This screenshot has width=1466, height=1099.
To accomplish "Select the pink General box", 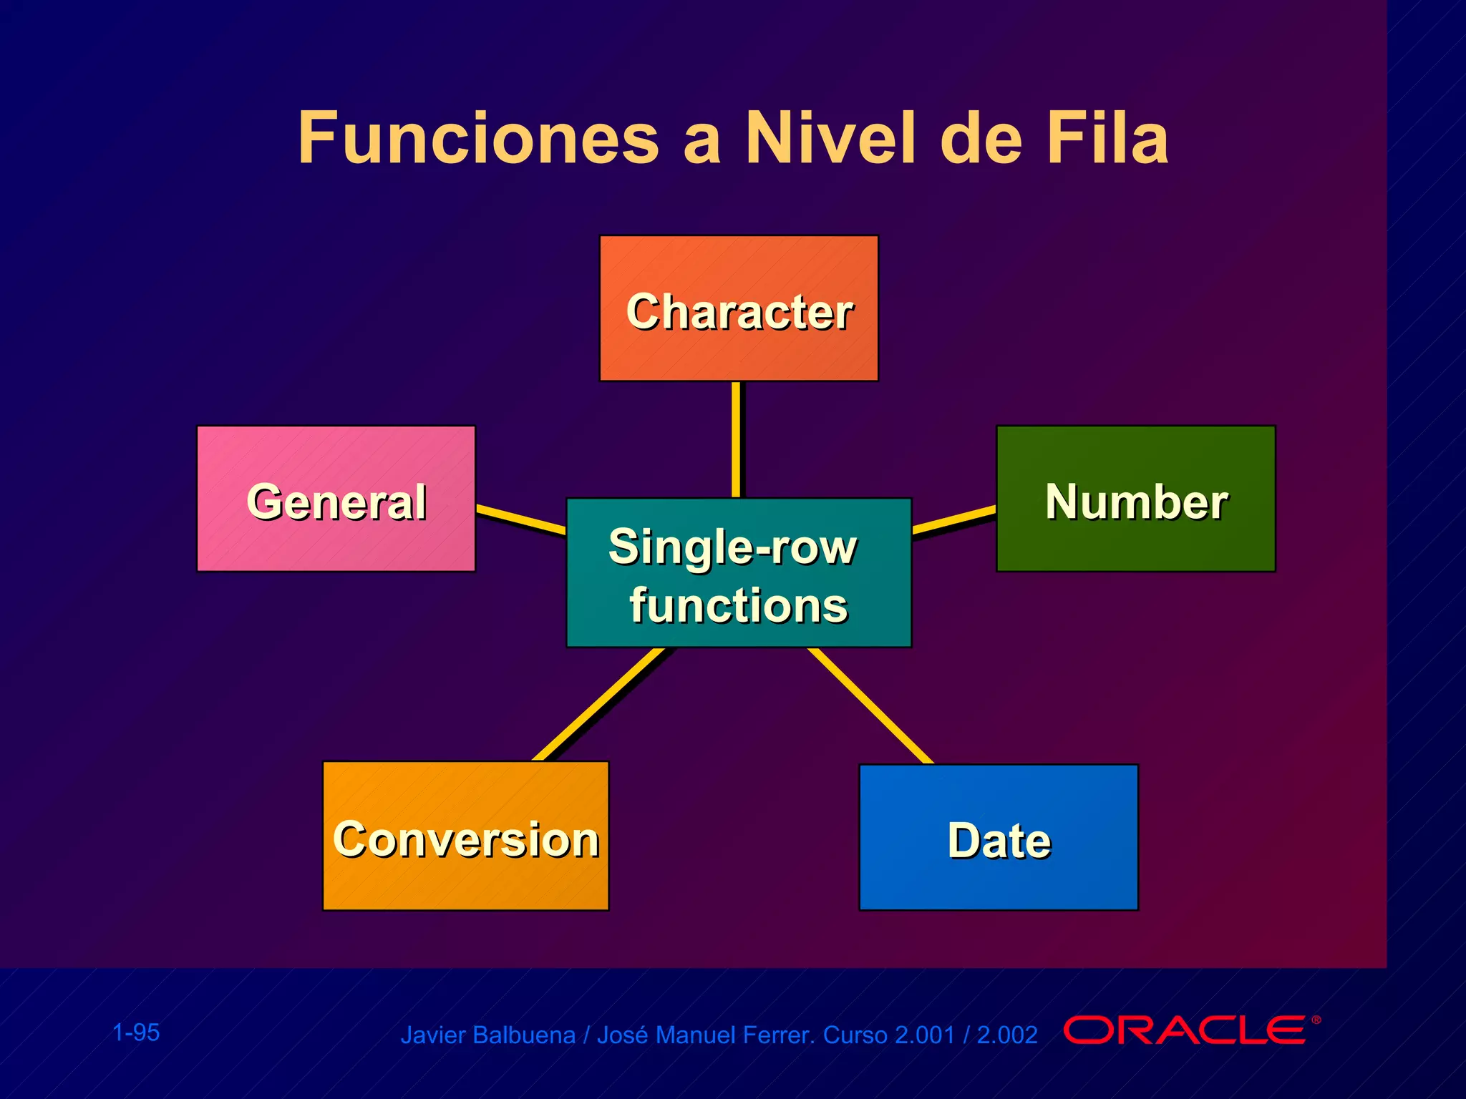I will coord(336,499).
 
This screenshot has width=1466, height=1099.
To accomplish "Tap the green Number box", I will coord(1135,499).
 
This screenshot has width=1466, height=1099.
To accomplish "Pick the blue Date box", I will coord(998,837).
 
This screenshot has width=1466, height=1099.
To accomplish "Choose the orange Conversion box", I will coord(465,836).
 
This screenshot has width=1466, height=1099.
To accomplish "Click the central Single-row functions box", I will coord(739,572).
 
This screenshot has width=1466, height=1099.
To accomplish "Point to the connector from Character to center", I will coord(736,439).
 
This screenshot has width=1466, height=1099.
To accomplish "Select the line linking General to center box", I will coord(521,519).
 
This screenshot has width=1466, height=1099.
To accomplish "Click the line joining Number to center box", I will coord(953,520).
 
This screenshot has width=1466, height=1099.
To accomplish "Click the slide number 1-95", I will coord(136,1032).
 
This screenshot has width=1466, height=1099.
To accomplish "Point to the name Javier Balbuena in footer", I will coord(487,1035).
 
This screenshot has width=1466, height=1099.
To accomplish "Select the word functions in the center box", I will coord(739,605).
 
